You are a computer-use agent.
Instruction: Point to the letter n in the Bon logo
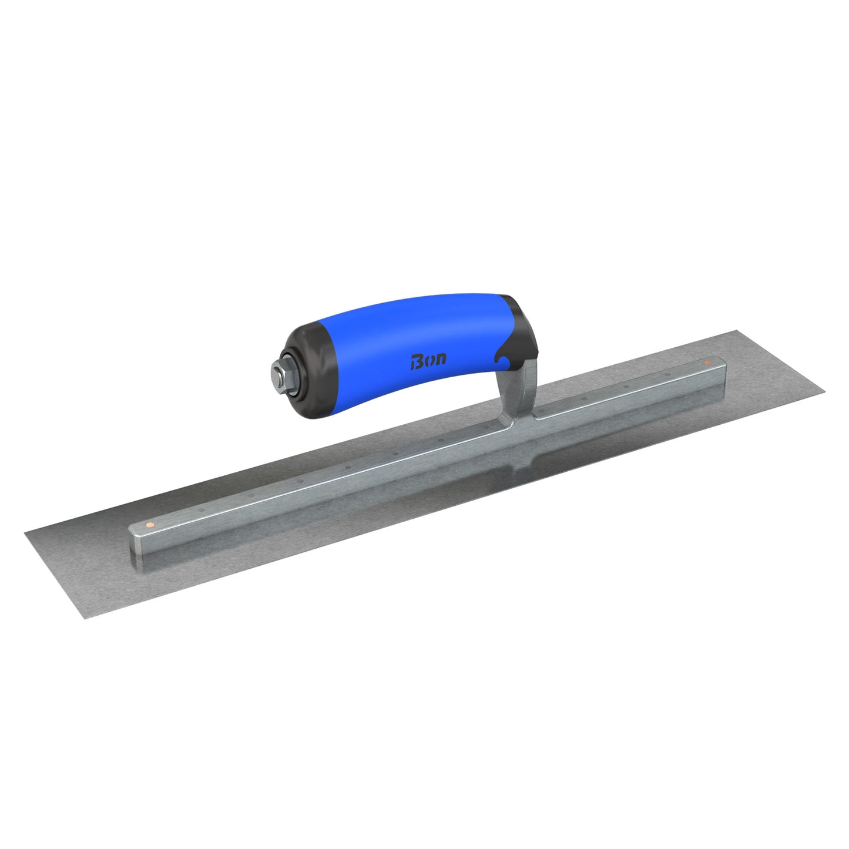coord(440,358)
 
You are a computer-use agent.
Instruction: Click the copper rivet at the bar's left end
coord(150,523)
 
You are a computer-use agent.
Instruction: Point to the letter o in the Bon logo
coord(428,360)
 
